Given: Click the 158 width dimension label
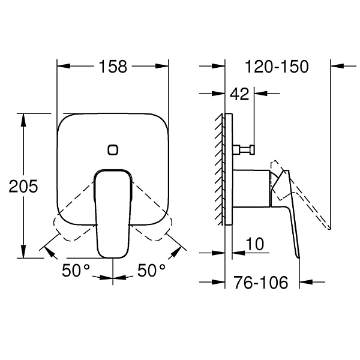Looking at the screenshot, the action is point(113,67).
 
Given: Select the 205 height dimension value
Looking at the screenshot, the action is point(23,186).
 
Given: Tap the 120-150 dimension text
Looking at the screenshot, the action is point(277,67).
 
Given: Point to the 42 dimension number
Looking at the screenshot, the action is point(239,94).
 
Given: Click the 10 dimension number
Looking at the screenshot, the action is point(255,244).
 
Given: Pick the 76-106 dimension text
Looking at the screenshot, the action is point(261,282).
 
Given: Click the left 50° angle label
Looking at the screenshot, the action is point(76,270).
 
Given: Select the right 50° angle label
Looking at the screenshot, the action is point(151,270).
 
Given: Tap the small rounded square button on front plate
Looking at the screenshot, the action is point(113,150).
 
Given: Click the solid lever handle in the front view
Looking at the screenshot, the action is point(113,214).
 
